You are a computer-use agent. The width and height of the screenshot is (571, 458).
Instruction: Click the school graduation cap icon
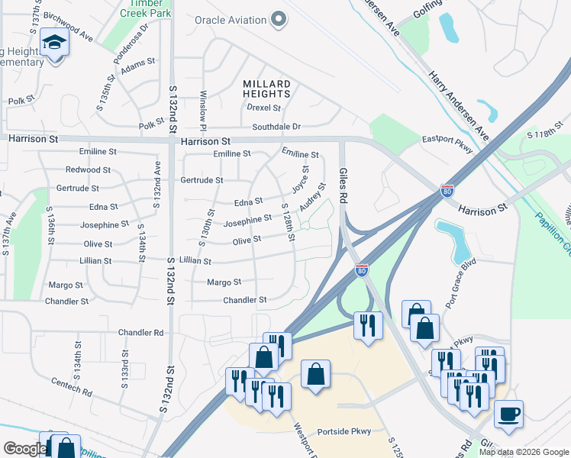[55, 42]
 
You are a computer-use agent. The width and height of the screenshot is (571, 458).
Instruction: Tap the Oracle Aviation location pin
[279, 20]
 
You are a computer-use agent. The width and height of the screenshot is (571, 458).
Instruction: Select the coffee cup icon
[508, 415]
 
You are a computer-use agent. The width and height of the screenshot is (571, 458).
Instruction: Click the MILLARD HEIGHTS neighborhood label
[266, 89]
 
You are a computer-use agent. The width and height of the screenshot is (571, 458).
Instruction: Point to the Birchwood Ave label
[68, 25]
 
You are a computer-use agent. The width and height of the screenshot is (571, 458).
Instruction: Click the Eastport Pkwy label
[448, 140]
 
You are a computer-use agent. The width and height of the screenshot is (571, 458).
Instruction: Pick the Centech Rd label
[72, 386]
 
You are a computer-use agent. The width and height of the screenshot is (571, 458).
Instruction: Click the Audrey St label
[308, 197]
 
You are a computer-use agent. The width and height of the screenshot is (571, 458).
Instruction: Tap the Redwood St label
[89, 169]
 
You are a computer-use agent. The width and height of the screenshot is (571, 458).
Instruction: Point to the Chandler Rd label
[141, 333]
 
